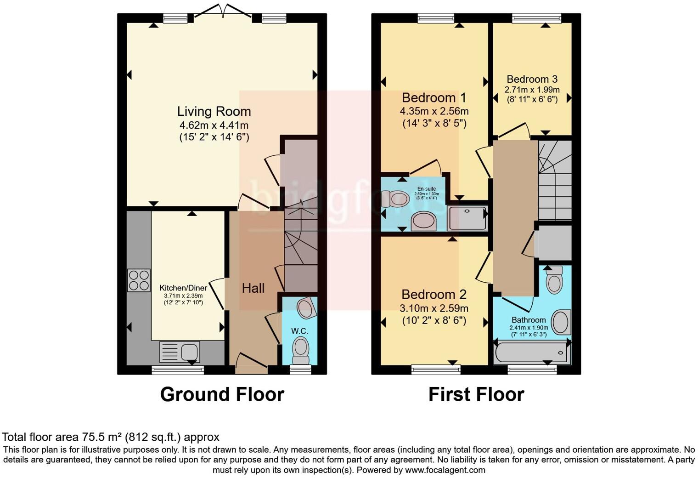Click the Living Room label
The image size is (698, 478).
click(x=214, y=111)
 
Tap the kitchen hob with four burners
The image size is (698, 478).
click(x=139, y=280)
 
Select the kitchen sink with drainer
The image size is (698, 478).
click(x=180, y=353)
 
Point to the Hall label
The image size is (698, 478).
click(x=253, y=288)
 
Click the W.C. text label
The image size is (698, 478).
click(x=299, y=331)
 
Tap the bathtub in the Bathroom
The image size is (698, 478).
click(x=531, y=353)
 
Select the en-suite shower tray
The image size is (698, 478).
click(x=467, y=218)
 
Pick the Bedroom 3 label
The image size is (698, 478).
click(x=532, y=79)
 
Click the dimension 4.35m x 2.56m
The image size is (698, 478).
click(x=434, y=111)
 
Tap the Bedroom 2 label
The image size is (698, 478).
click(x=434, y=294)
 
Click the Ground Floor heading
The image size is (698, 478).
click(x=222, y=394)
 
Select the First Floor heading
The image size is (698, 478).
click(x=476, y=394)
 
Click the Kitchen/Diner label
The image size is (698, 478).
click(x=183, y=288)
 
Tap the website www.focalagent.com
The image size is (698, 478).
click(x=445, y=470)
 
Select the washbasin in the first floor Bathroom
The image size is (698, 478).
click(x=561, y=322)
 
